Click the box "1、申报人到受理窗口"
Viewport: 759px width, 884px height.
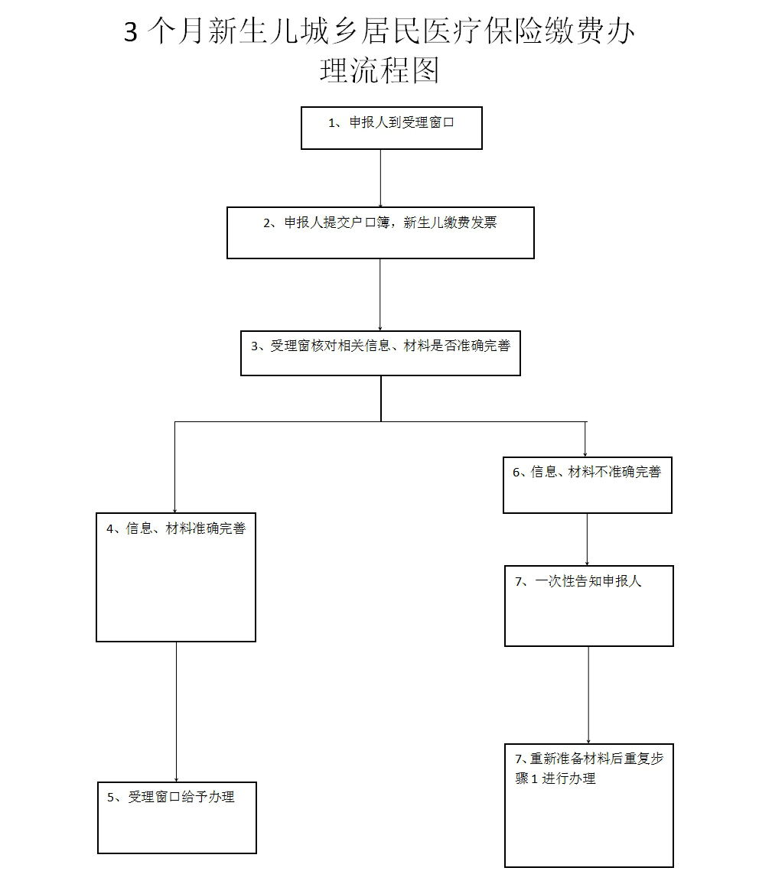click(x=391, y=128)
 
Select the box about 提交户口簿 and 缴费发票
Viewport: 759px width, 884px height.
click(x=380, y=232)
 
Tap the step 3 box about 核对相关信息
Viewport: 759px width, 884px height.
click(x=380, y=353)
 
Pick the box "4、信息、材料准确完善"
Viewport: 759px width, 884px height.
click(x=176, y=577)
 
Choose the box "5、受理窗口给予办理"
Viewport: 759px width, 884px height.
click(x=177, y=817)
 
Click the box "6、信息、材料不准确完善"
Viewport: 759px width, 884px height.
click(x=587, y=485)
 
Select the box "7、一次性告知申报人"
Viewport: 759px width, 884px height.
click(x=588, y=606)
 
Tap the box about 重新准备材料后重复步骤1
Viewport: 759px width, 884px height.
click(x=588, y=805)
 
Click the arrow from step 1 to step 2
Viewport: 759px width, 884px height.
click(x=380, y=177)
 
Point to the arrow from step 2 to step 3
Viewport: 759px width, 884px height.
click(x=380, y=294)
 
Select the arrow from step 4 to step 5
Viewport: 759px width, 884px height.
click(x=177, y=711)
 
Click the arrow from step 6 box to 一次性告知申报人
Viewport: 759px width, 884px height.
click(x=587, y=539)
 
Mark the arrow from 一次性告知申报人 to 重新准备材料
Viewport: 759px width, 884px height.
click(x=588, y=694)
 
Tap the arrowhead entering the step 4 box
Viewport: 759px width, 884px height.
click(x=175, y=509)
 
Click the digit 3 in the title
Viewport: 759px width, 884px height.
click(x=131, y=34)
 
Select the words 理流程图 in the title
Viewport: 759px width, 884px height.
click(x=379, y=71)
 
